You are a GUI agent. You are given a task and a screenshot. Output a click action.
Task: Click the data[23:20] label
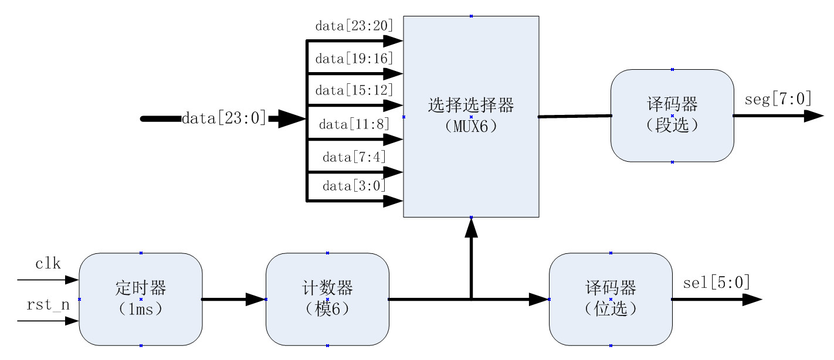(354, 26)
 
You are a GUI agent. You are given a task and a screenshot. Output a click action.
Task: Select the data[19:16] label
(354, 59)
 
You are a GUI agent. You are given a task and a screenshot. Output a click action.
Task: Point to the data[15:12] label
(354, 91)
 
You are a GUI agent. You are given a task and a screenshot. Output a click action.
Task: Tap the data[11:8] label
(354, 124)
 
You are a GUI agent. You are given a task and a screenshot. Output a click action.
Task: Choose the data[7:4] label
(354, 157)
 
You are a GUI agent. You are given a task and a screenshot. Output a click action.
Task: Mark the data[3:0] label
(354, 186)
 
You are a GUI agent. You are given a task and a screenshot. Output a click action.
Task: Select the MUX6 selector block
(471, 117)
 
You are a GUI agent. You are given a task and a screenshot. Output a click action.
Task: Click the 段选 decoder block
(672, 116)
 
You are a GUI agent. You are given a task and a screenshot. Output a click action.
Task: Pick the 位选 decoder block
(611, 299)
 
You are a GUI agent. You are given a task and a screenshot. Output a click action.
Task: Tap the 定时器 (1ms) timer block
(141, 299)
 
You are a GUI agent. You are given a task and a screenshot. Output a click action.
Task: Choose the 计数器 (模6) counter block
(327, 299)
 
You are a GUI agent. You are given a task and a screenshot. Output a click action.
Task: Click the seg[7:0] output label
(778, 99)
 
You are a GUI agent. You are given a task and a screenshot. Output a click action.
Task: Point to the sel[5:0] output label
(717, 283)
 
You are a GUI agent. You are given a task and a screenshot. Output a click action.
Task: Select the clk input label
(48, 264)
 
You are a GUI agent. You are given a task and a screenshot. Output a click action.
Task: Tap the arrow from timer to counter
(234, 300)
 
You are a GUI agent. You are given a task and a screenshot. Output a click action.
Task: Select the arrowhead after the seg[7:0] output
(814, 116)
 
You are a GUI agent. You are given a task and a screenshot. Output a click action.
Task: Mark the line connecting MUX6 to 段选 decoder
(575, 117)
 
